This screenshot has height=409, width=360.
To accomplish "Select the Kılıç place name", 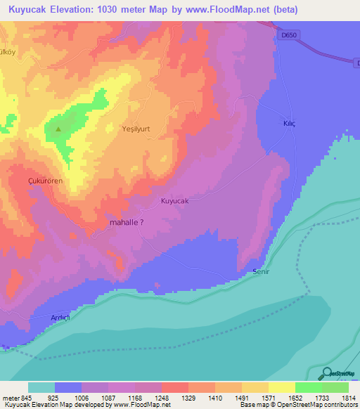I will (x=289, y=123).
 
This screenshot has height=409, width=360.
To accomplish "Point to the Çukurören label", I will (x=45, y=181).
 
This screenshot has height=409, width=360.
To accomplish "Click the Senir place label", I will (x=262, y=271).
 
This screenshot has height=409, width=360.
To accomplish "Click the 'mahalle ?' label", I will (x=127, y=222).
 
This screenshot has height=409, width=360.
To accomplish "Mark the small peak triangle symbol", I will (x=58, y=129).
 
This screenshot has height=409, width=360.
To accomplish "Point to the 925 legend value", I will (x=67, y=398).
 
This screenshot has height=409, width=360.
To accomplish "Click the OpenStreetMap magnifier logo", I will (x=326, y=374).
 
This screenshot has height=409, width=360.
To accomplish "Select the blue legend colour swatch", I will (x=68, y=387).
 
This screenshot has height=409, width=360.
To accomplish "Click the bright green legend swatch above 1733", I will (x=309, y=387).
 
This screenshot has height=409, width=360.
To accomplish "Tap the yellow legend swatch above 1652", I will (x=282, y=387).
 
